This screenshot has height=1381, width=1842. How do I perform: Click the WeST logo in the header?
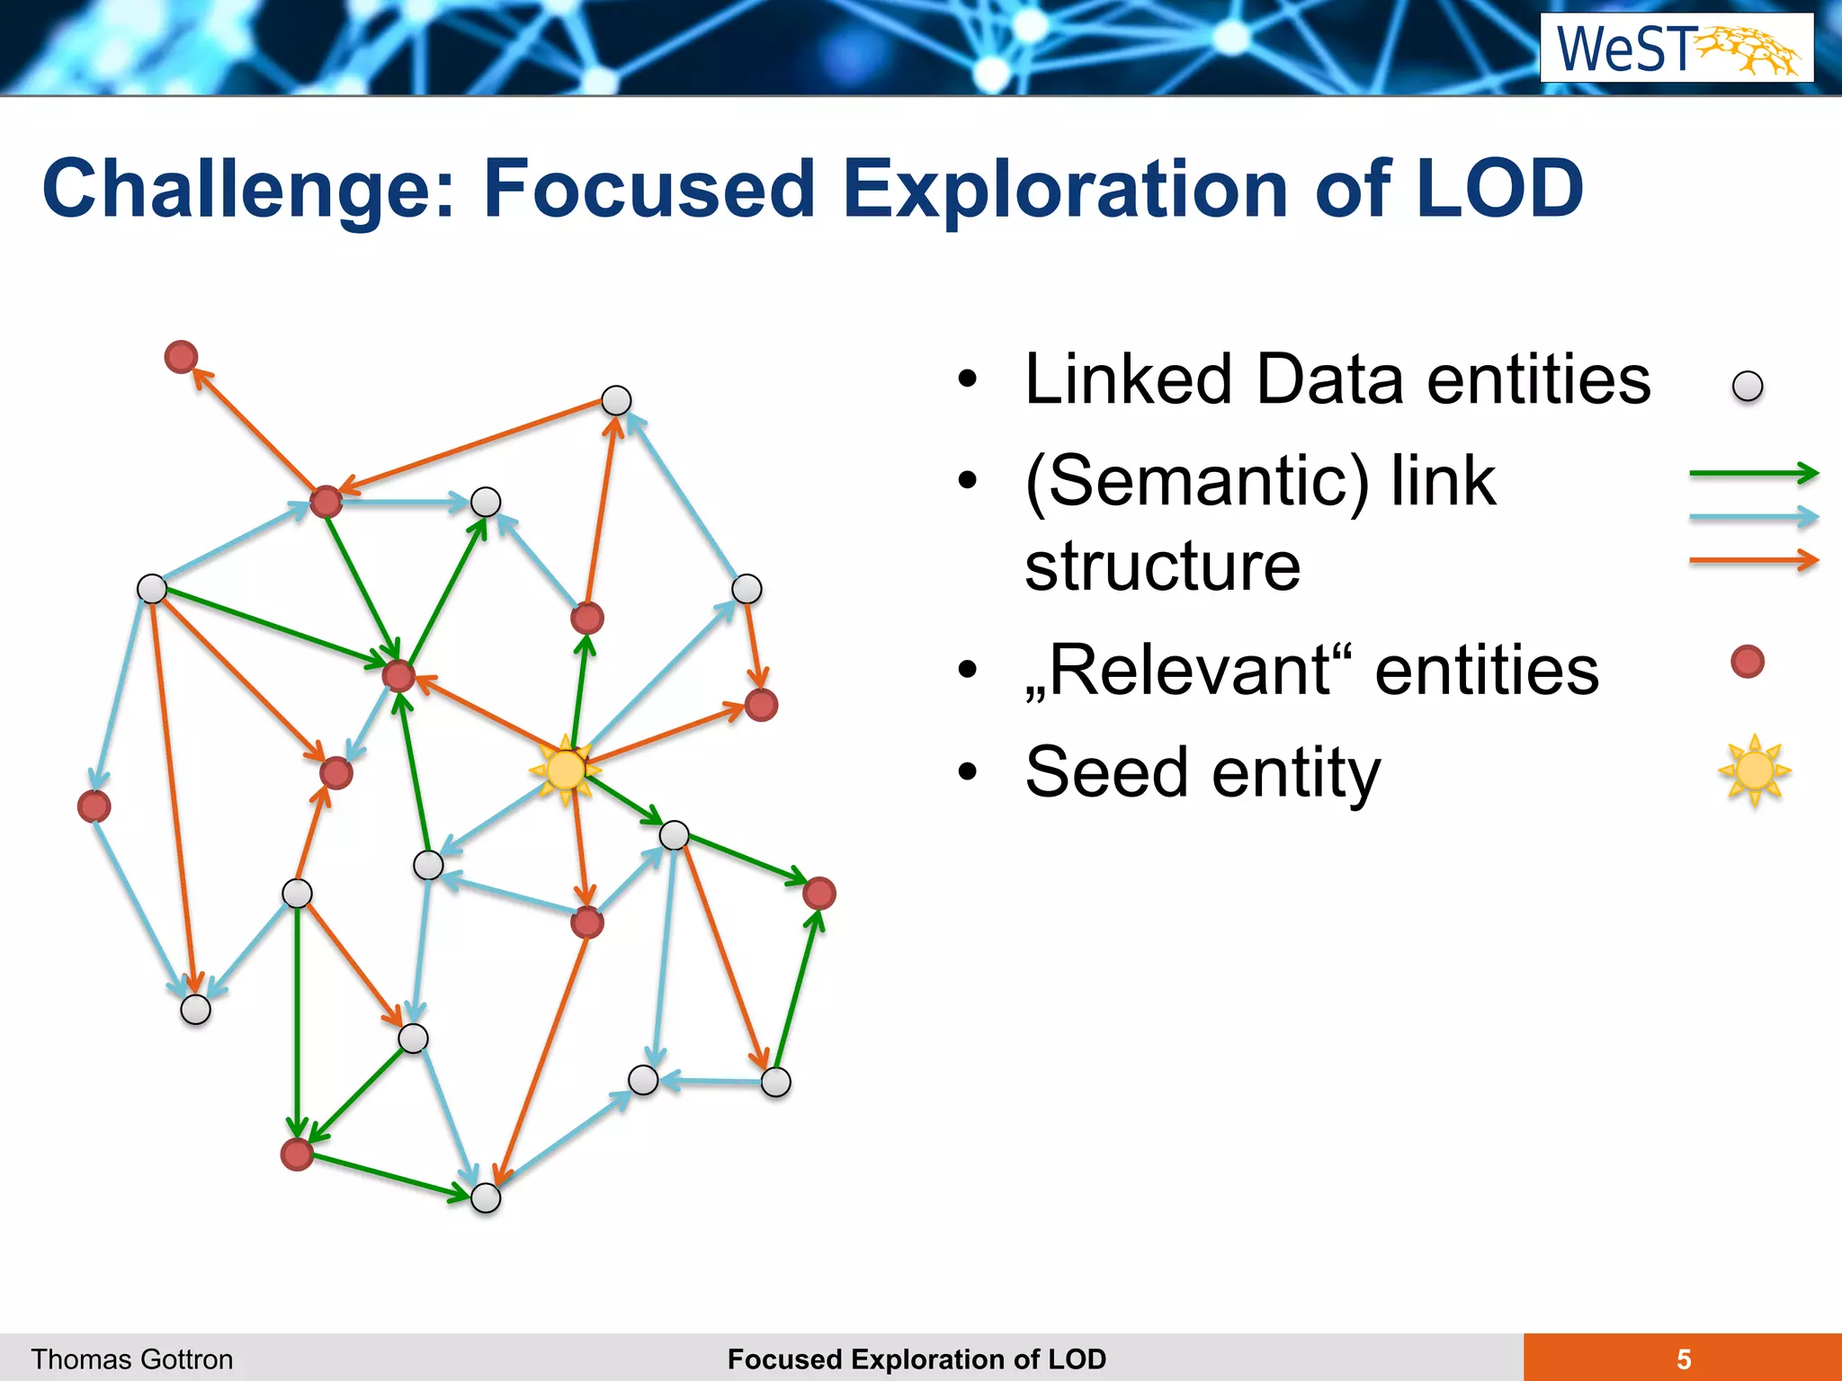pos(1677,49)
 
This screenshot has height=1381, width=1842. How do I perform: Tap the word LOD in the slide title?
pos(1498,190)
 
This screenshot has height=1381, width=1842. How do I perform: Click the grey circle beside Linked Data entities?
pos(1748,387)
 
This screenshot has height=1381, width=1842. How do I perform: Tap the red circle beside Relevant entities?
pos(1748,662)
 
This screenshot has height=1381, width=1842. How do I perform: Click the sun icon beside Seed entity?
pos(1754,771)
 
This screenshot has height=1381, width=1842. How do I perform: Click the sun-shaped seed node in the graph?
pos(566,770)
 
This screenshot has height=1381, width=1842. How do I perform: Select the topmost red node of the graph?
pos(182,357)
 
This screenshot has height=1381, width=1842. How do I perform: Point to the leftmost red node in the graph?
pos(94,806)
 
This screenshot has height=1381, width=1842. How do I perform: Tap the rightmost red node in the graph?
pos(818,894)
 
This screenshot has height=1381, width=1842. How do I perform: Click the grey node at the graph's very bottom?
pos(486,1198)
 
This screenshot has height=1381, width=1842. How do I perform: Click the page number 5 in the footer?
pos(1684,1359)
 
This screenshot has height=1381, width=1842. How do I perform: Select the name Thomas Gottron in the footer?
pos(132,1359)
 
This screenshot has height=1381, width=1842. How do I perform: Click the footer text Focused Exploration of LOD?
pos(917,1359)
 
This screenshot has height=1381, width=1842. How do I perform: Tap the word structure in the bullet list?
pos(1162,566)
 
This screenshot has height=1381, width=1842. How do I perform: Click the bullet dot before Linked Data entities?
pos(967,379)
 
